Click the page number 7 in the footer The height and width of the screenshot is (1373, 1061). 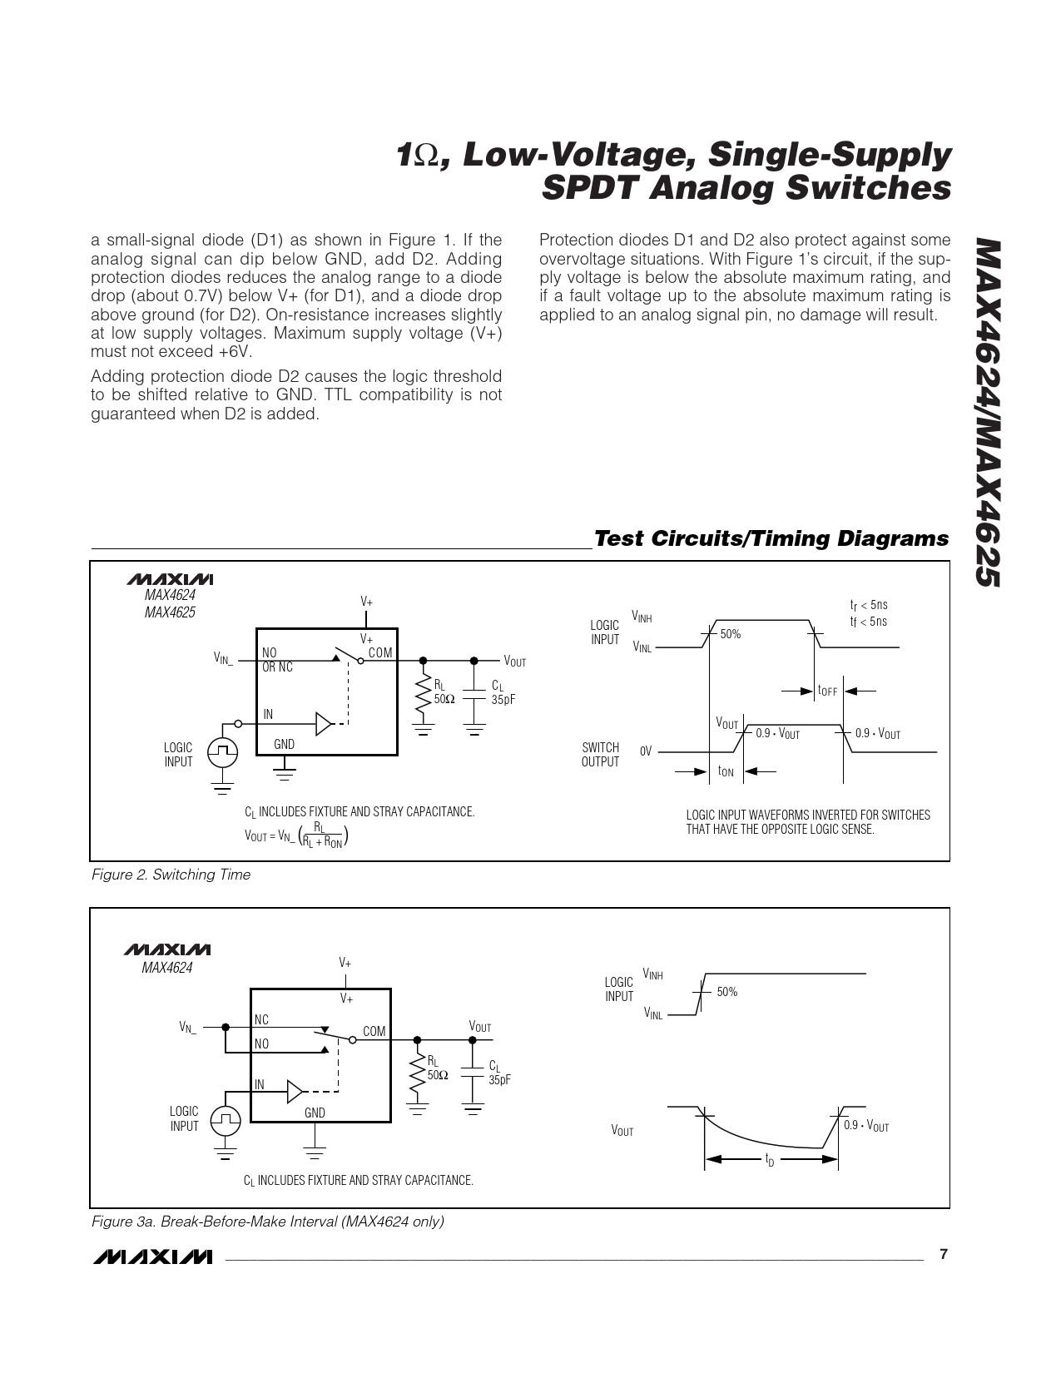(x=944, y=1255)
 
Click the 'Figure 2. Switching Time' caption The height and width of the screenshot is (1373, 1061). (x=171, y=875)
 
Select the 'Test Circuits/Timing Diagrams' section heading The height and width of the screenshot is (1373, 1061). (x=771, y=538)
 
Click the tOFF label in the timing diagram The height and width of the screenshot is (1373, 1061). (x=827, y=691)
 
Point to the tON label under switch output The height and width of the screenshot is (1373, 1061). (x=726, y=771)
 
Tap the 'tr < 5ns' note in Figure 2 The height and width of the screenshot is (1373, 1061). (x=868, y=605)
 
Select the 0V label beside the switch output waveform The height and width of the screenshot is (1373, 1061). (x=646, y=751)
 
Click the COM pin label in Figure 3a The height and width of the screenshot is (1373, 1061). (x=374, y=1031)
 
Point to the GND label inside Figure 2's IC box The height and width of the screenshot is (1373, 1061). (x=285, y=744)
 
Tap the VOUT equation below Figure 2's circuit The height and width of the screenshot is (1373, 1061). (x=296, y=835)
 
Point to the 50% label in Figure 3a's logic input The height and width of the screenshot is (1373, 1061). (x=727, y=992)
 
